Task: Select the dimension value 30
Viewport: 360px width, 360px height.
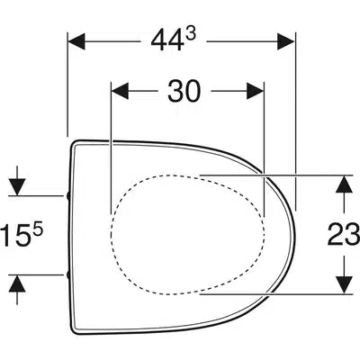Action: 184,92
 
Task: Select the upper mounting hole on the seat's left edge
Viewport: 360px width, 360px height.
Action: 68,193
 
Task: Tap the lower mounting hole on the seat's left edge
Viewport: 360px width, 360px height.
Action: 68,273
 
